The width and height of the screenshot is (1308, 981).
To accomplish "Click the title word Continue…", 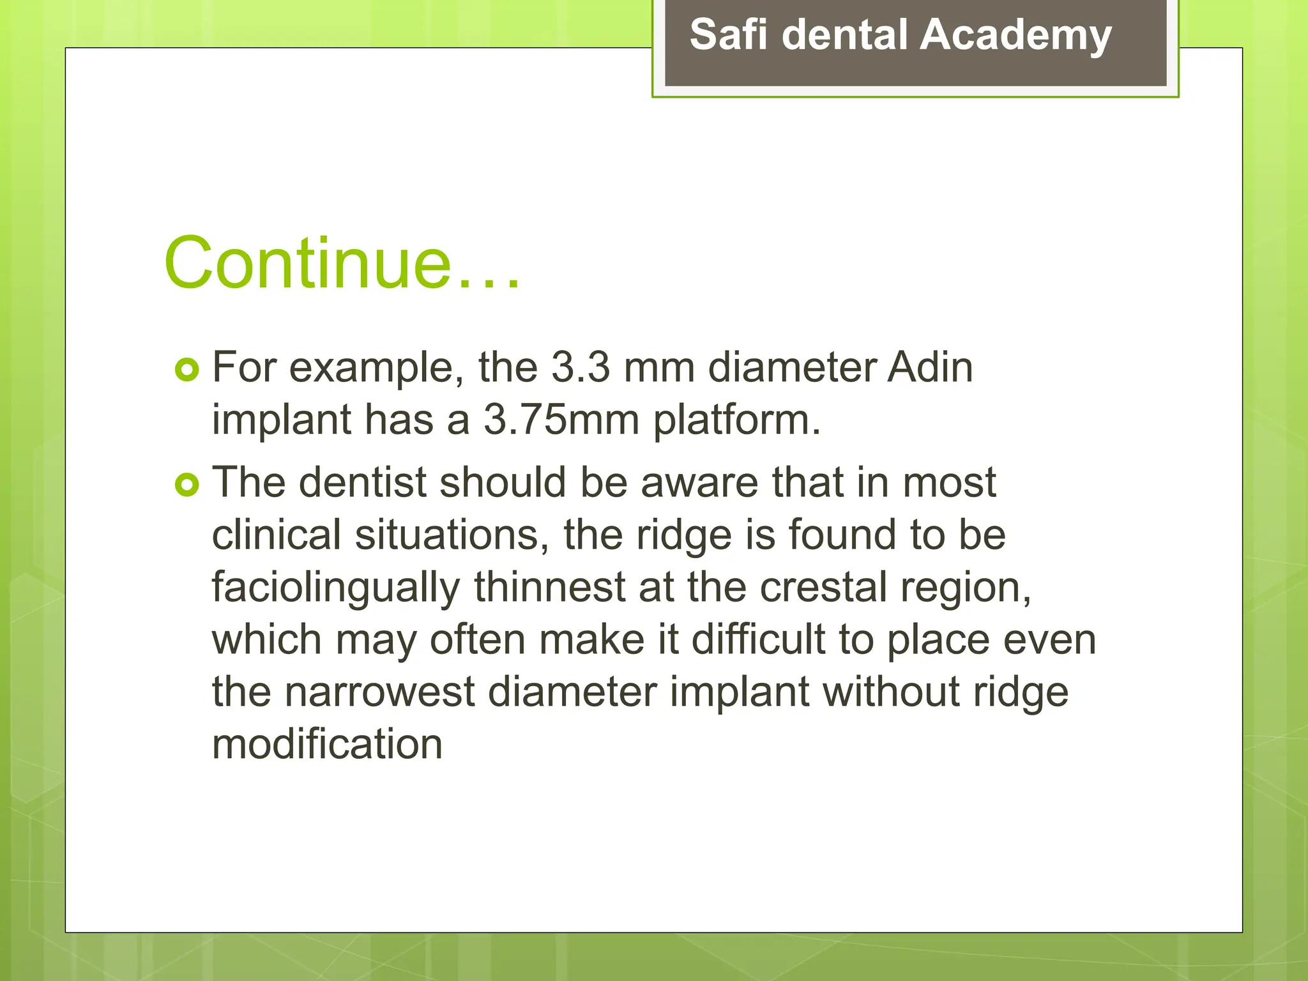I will tap(342, 263).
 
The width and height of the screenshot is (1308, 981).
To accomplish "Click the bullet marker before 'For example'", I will tap(187, 370).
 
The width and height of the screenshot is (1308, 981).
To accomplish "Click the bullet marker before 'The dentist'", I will tap(187, 485).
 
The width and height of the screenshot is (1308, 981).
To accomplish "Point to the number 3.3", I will tap(580, 368).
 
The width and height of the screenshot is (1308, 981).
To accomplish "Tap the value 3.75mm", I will tap(561, 420).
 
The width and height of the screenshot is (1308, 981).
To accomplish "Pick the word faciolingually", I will tap(335, 588).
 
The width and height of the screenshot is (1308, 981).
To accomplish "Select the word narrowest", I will tap(380, 692).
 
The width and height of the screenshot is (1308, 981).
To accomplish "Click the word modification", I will tap(327, 745).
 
